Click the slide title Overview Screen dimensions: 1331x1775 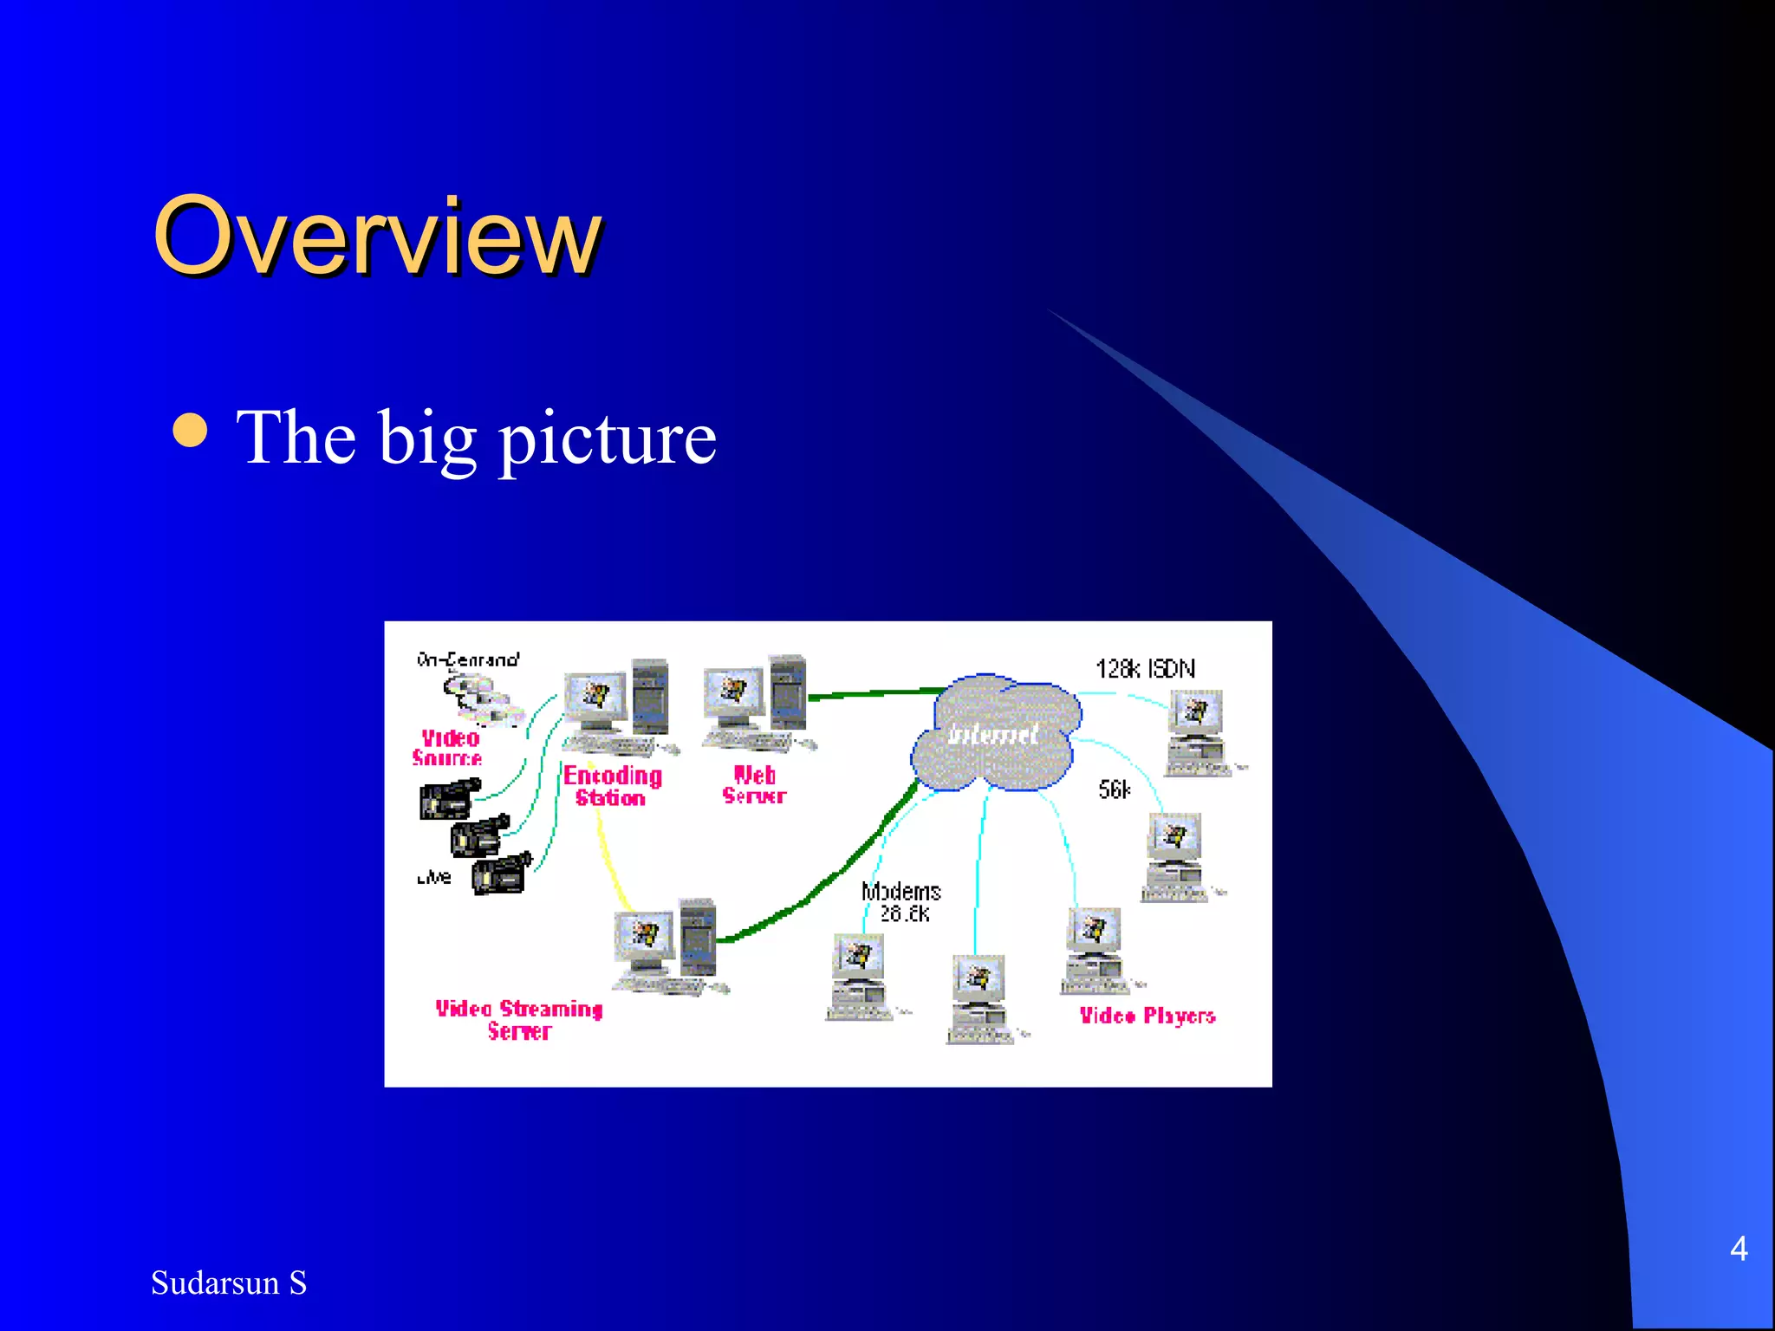[376, 235]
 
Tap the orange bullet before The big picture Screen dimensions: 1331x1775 [190, 432]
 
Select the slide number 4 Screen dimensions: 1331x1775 [1738, 1249]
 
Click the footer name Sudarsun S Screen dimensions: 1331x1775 [229, 1282]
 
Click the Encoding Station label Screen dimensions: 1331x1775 [612, 786]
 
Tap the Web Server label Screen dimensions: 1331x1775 [754, 785]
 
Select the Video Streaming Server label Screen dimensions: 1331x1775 [518, 1020]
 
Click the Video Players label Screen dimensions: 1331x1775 [1147, 1016]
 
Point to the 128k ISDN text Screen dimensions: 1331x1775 [1144, 669]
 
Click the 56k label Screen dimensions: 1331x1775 [1114, 789]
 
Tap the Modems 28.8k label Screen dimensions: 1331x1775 [901, 902]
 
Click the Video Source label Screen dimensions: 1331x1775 [447, 747]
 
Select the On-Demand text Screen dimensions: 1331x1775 [468, 659]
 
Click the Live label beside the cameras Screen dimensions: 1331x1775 [434, 877]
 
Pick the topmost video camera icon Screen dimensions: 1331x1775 [449, 799]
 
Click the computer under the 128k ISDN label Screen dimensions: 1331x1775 [1196, 732]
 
